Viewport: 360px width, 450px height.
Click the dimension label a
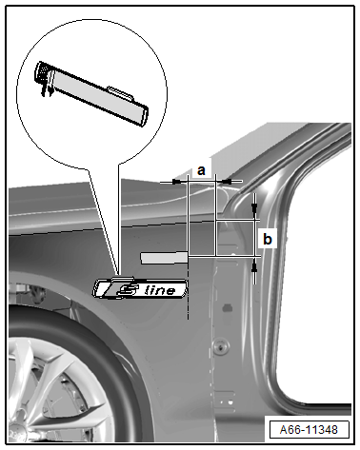pos(201,170)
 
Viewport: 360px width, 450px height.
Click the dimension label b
pos(268,239)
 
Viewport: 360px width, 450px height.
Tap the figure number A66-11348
pos(309,429)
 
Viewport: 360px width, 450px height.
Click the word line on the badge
pos(159,290)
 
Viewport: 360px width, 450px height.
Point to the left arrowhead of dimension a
pos(177,182)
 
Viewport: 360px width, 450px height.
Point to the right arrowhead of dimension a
pos(227,182)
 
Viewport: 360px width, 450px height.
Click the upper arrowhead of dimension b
pos(254,208)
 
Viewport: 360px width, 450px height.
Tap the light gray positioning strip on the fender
pos(165,258)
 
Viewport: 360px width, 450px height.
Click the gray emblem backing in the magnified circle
pos(97,94)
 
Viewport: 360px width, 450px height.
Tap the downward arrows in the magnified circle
pos(47,87)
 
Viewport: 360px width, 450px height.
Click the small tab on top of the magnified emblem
pos(121,91)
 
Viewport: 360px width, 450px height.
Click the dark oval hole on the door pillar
pos(228,307)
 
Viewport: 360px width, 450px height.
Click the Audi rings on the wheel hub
pos(14,436)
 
